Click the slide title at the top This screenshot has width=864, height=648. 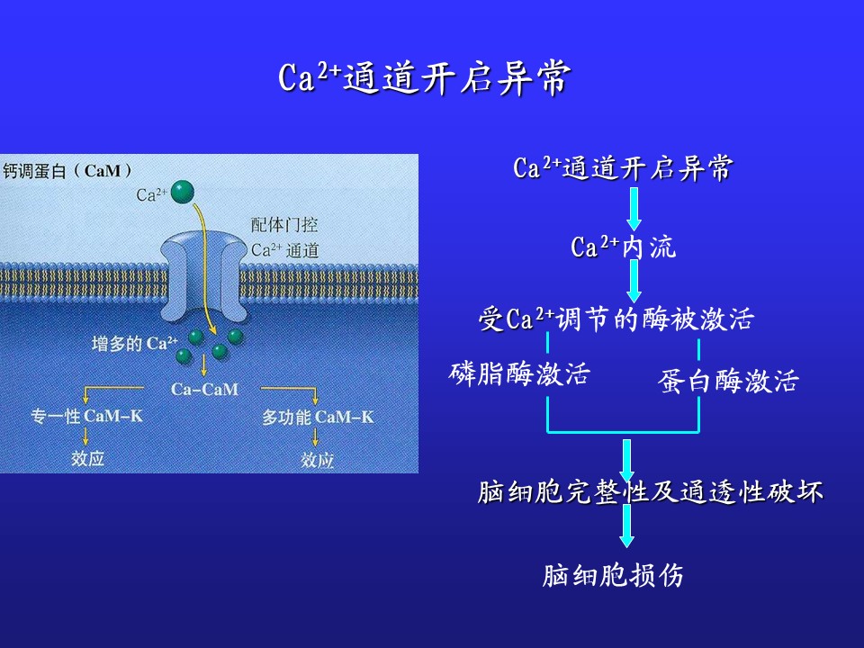424,77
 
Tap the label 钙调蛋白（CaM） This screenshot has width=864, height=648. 67,170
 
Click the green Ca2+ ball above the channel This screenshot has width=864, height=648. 183,193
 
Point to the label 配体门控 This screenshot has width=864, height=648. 284,225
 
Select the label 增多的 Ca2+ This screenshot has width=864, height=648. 134,344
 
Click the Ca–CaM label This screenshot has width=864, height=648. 204,390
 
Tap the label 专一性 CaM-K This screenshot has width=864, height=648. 86,416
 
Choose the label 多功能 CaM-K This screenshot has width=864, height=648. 318,417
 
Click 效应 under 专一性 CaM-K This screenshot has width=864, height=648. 87,458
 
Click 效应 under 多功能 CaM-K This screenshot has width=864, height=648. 317,460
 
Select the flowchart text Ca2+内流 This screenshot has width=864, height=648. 623,247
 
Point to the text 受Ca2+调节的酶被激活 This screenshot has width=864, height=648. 616,319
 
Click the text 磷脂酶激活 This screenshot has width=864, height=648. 519,373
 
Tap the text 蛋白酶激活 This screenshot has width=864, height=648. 728,381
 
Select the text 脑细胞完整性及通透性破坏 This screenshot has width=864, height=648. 650,491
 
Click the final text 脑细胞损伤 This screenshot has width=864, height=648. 613,575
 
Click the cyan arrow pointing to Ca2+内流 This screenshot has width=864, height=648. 634,209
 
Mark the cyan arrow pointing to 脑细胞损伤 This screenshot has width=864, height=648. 626,526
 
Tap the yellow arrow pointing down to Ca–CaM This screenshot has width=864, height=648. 204,365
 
